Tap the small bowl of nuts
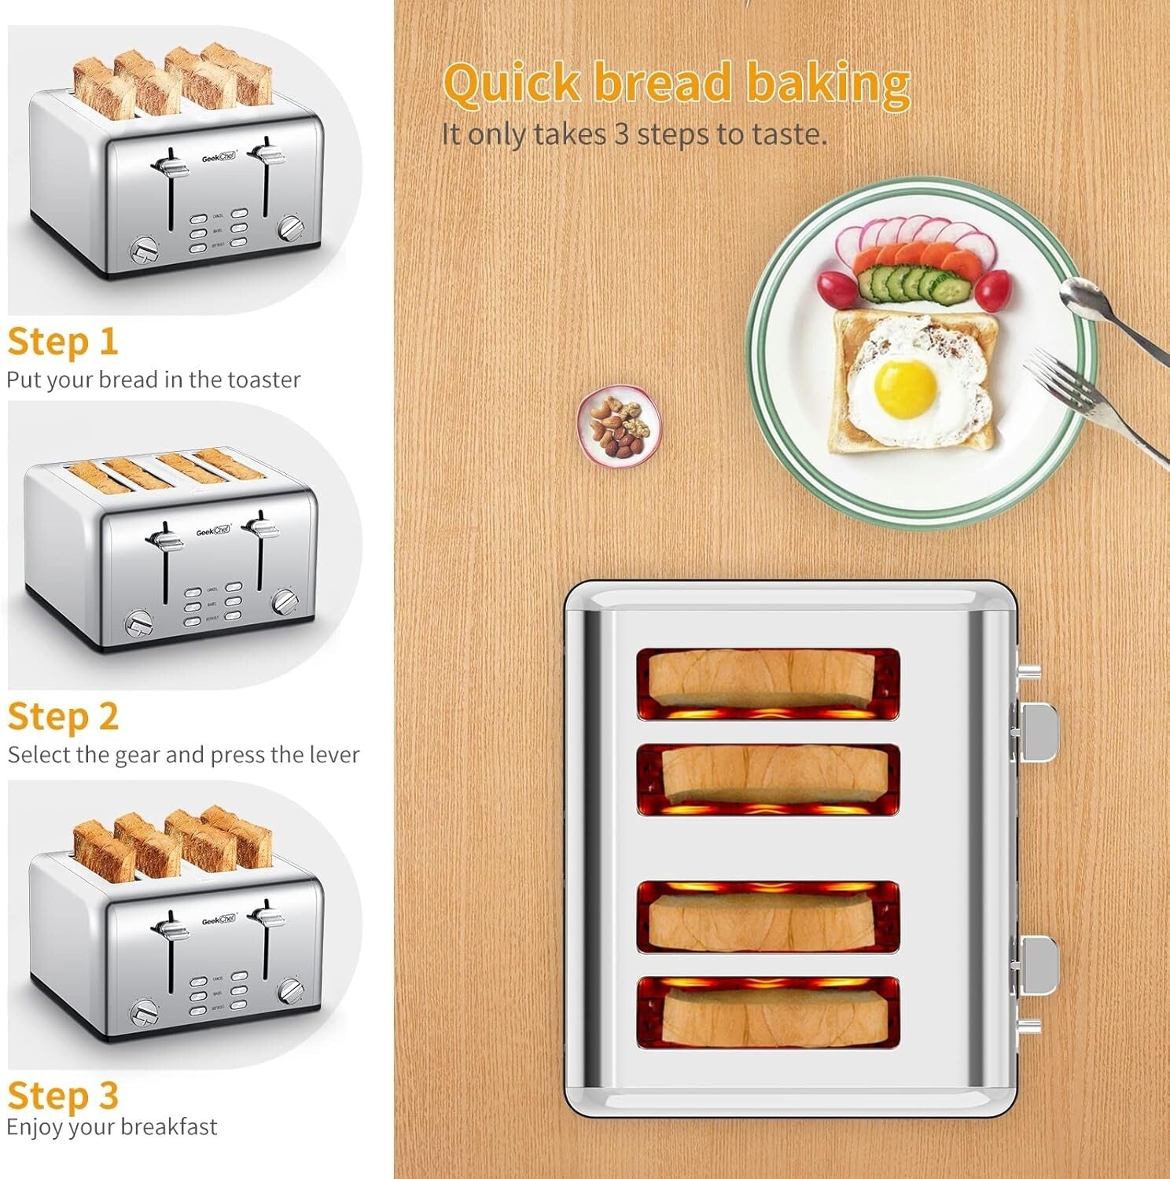(620, 427)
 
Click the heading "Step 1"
(63, 342)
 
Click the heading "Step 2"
(63, 717)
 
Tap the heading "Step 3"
(63, 1095)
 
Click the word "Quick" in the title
(512, 84)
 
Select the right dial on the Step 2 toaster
(285, 602)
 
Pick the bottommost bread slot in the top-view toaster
(767, 1012)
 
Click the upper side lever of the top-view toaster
(1038, 732)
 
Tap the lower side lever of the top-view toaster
(1038, 964)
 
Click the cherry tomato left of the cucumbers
(834, 288)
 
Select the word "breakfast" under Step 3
(166, 1127)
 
